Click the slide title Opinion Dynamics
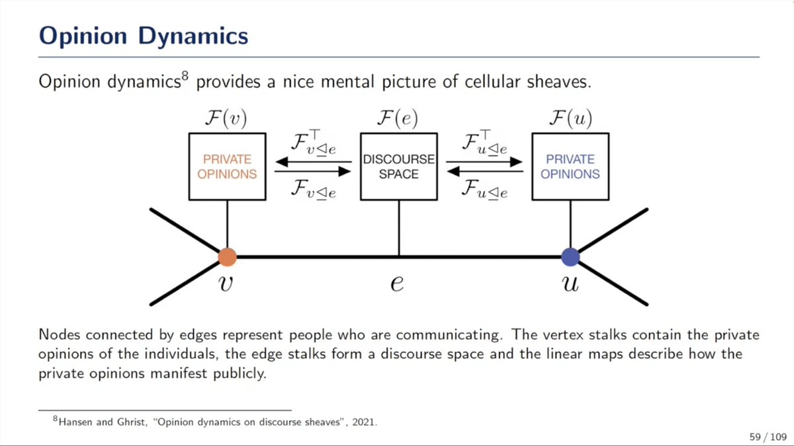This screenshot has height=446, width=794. [143, 34]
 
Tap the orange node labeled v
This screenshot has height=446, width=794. [227, 256]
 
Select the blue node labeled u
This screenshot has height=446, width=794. [570, 256]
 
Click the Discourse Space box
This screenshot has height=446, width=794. [398, 167]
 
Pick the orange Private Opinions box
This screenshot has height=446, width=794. [227, 167]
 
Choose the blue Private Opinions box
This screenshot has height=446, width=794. [570, 167]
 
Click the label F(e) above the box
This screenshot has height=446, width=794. [398, 119]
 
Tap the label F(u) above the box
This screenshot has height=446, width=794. [570, 119]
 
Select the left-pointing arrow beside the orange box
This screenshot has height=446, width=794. [312, 161]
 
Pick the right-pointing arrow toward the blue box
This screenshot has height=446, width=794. [484, 161]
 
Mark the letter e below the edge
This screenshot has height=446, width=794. [398, 283]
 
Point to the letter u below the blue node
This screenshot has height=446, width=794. [570, 283]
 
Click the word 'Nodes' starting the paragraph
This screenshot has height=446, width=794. [56, 335]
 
